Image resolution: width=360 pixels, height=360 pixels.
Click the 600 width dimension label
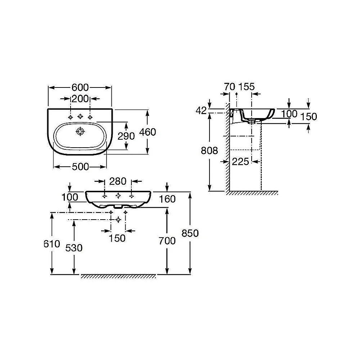tap(80, 87)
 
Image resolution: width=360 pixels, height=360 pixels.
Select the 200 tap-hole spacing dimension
tap(80, 99)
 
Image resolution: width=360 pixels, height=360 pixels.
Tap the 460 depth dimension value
tap(148, 132)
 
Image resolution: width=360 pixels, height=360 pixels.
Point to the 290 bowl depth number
tap(126, 136)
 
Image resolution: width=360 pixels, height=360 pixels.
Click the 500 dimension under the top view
tap(80, 167)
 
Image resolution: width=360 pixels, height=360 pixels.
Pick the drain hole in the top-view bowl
tap(80, 131)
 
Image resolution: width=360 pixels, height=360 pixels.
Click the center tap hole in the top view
tap(80, 116)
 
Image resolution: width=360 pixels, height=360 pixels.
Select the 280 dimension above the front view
tap(118, 181)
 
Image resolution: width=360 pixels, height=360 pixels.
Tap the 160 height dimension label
tap(167, 199)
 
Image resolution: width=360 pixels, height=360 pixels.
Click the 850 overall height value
tap(190, 233)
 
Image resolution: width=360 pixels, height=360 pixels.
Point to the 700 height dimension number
tap(167, 241)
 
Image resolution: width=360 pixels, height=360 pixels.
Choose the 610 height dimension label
tap(52, 244)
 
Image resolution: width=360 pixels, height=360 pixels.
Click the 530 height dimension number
tap(74, 248)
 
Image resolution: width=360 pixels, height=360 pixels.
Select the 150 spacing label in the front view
tap(117, 238)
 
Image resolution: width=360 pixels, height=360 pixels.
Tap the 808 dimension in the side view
tap(210, 150)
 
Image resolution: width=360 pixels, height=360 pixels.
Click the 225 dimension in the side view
tap(240, 162)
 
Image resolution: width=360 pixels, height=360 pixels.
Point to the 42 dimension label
tap(201, 111)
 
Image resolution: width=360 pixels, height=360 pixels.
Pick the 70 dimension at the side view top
tap(230, 87)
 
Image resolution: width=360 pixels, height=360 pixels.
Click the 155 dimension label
tap(247, 86)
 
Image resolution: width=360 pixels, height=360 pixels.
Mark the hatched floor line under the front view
tap(118, 276)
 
